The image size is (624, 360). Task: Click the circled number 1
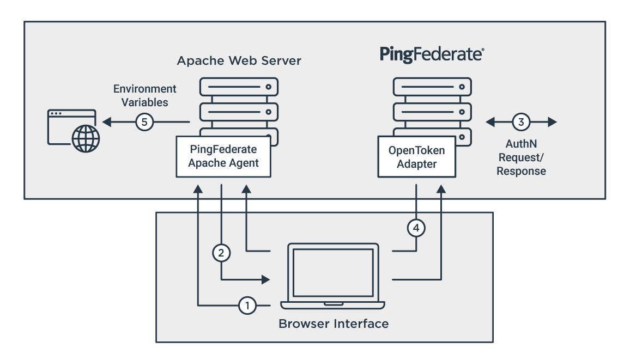[247, 306]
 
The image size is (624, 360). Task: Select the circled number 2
[221, 252]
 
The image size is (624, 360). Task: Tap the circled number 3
[521, 122]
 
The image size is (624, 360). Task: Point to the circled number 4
[416, 228]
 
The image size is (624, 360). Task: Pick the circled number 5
[144, 122]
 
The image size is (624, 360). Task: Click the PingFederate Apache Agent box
[223, 156]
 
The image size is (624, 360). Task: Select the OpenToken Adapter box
[416, 157]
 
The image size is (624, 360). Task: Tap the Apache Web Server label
[239, 61]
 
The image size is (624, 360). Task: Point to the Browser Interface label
[334, 324]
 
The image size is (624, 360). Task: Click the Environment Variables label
[144, 95]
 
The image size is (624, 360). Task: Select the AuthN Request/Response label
[521, 158]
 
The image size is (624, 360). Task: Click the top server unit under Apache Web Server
[239, 87]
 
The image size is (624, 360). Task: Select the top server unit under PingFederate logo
[432, 87]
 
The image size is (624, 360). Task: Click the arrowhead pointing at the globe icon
[105, 122]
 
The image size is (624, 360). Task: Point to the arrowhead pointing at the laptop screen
[266, 279]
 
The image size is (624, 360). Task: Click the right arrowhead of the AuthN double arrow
[553, 122]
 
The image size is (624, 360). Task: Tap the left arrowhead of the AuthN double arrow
[490, 122]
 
